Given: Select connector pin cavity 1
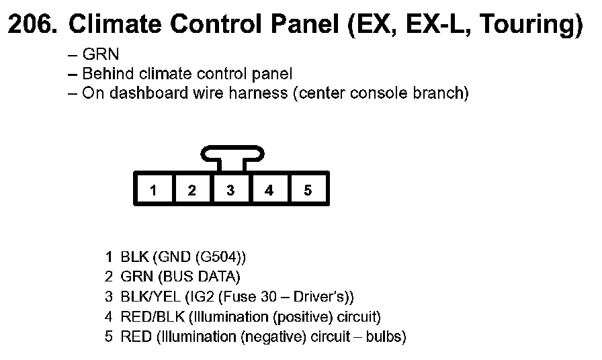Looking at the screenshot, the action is tap(154, 190).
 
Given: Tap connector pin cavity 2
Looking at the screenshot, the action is tap(192, 190).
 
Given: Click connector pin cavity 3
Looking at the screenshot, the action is tap(230, 190).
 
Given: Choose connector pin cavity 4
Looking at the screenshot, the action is tap(269, 190).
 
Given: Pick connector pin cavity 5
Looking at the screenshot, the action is tap(308, 190).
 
